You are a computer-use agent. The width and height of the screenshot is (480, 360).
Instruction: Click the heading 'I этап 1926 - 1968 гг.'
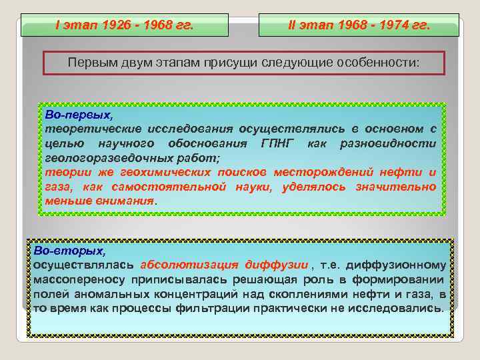pyautogui.click(x=124, y=26)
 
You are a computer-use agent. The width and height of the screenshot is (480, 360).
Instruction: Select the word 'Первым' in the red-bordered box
pyautogui.click(x=89, y=63)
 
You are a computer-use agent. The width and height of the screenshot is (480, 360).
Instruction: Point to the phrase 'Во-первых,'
pyautogui.click(x=71, y=115)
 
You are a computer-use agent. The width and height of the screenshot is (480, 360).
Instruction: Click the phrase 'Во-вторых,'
pyautogui.click(x=69, y=251)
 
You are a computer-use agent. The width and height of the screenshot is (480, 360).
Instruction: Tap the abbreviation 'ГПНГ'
pyautogui.click(x=275, y=143)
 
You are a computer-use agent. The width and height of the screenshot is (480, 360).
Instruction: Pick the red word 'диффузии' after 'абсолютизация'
pyautogui.click(x=276, y=264)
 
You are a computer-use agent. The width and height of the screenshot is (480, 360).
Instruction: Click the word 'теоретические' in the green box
pyautogui.click(x=83, y=129)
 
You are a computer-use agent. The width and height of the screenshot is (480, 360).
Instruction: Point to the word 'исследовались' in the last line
pyautogui.click(x=401, y=308)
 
